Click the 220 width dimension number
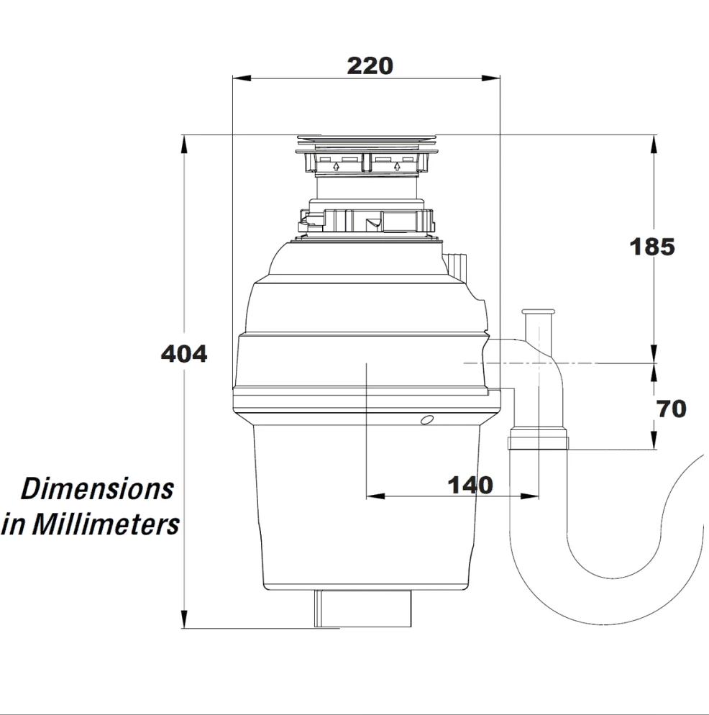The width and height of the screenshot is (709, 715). click(x=370, y=66)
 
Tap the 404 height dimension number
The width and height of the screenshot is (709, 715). click(x=184, y=353)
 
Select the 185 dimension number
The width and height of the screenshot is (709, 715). click(x=652, y=247)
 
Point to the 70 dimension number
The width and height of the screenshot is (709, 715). click(x=671, y=409)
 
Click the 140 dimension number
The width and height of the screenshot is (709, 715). click(x=470, y=485)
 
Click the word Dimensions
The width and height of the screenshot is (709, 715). click(x=97, y=488)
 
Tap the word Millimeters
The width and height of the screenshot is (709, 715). click(x=105, y=524)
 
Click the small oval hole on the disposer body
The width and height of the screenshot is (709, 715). click(x=427, y=420)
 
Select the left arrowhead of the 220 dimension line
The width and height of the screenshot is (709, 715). click(x=242, y=78)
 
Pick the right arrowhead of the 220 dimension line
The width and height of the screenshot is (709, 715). click(x=491, y=78)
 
